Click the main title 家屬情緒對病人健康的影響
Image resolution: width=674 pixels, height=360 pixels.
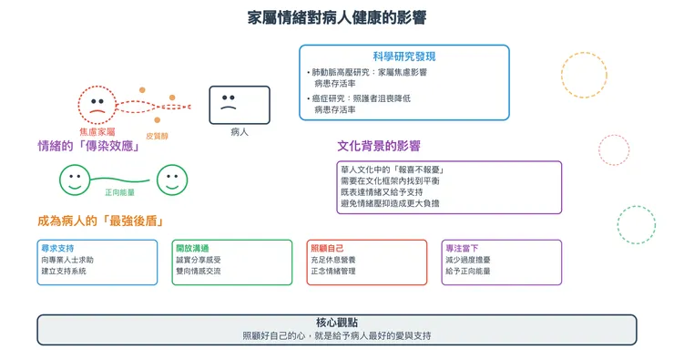click(337, 18)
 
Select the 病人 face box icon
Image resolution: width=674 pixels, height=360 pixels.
click(240, 105)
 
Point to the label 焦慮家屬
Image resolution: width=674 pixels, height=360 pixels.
click(97, 132)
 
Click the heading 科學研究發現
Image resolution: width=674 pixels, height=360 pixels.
click(403, 55)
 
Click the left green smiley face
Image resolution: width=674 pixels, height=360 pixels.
click(75, 180)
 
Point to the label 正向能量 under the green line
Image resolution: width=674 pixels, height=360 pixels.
click(120, 192)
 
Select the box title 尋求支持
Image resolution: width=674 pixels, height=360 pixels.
click(57, 248)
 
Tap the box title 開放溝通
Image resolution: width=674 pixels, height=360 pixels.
click(192, 248)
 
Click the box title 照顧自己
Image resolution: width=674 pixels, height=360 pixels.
click(327, 248)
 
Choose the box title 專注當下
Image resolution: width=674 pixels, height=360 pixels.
click(462, 248)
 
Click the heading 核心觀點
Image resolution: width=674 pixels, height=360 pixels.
click(337, 323)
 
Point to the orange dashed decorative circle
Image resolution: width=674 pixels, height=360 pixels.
click(584, 76)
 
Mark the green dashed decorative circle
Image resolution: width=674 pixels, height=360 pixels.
click(636, 224)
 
